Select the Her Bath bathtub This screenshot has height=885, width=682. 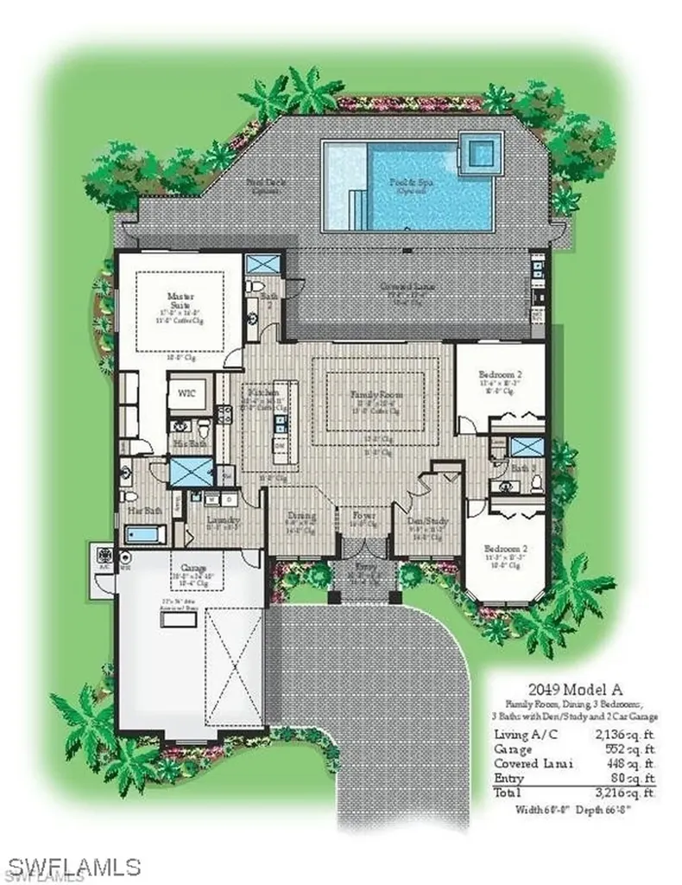[x=145, y=534]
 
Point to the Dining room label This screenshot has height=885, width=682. [x=301, y=517]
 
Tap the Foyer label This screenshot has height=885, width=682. [x=362, y=516]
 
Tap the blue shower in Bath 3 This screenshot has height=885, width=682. [x=526, y=446]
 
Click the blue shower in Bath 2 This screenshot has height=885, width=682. [x=259, y=265]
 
